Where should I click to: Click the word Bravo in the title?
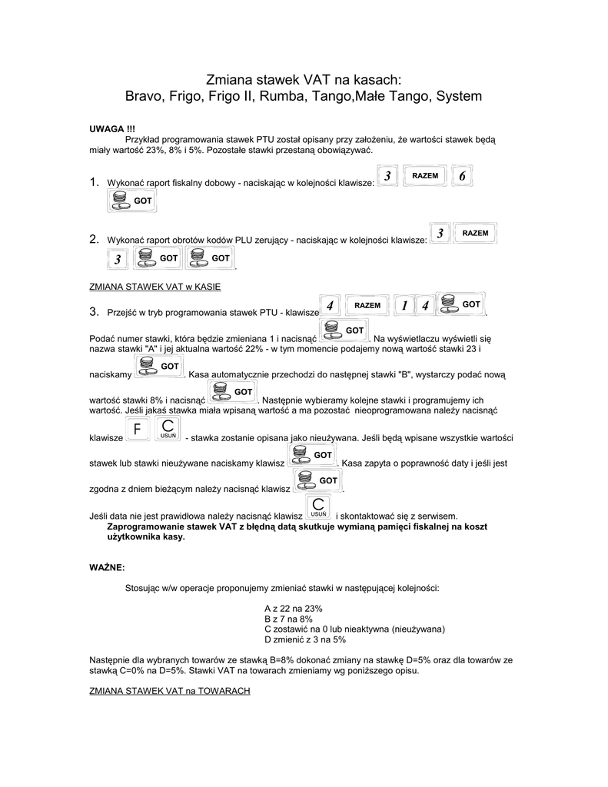click(x=143, y=97)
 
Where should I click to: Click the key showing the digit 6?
click(x=462, y=176)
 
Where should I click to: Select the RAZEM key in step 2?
click(x=475, y=233)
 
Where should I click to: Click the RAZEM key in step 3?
click(x=367, y=305)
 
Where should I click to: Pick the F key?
click(x=137, y=430)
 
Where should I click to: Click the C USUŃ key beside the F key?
click(x=168, y=430)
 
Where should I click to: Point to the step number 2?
click(x=94, y=239)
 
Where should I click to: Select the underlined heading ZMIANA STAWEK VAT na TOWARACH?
click(x=170, y=692)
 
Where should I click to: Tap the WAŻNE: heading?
click(x=107, y=567)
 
